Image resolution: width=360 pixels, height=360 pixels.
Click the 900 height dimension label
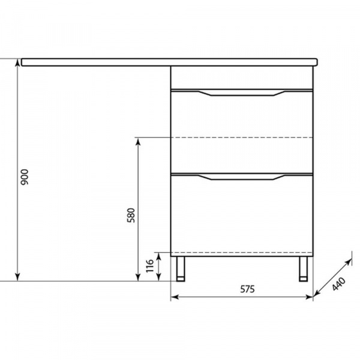25,177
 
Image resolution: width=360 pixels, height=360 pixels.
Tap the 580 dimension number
131,215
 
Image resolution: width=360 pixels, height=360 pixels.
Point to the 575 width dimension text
247,289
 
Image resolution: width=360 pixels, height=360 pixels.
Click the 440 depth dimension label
339,284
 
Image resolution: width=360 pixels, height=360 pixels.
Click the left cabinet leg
181,269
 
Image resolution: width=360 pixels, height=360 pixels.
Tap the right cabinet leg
303,269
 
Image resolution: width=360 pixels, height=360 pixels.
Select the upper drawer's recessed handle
242,93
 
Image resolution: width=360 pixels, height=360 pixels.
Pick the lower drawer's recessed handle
242,177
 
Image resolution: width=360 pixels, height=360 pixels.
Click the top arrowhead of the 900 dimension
17,62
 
